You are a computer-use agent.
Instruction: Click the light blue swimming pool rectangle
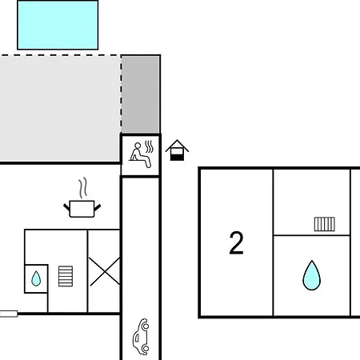58,25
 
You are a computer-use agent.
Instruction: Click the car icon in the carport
141,337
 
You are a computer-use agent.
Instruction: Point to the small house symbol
177,150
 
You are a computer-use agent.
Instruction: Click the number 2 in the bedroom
236,242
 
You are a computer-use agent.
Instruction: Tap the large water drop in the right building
311,275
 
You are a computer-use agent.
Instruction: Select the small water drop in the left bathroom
36,278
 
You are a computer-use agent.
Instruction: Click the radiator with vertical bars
325,224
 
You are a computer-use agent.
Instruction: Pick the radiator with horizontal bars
66,276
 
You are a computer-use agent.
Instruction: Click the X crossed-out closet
104,271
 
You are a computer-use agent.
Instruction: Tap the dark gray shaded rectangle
141,94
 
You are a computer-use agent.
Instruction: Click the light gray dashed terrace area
60,108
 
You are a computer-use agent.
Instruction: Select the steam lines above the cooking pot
83,188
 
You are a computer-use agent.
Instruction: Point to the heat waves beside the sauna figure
150,146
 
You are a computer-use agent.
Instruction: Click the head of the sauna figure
138,146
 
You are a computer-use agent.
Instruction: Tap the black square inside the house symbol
177,158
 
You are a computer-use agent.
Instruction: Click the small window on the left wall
9,314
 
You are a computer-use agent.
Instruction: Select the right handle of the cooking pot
98,207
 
